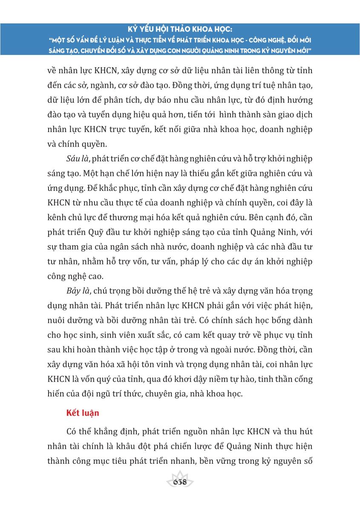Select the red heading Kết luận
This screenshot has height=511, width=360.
pyautogui.click(x=83, y=413)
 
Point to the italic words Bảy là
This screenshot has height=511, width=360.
pyautogui.click(x=78, y=292)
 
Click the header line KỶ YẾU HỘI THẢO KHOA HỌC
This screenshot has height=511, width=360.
pyautogui.click(x=180, y=30)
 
